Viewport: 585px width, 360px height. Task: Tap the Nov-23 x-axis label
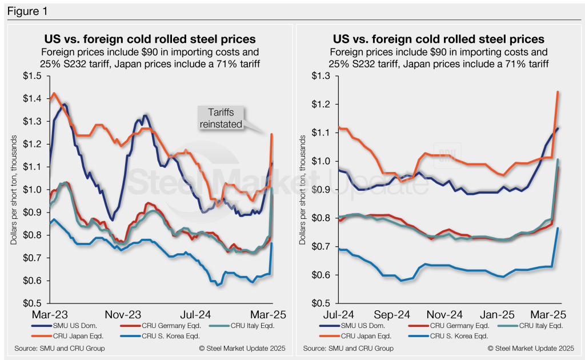point(123,315)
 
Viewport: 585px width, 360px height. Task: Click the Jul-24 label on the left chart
point(195,315)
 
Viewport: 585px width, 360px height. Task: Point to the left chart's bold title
point(150,39)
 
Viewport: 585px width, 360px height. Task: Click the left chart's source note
point(57,348)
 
